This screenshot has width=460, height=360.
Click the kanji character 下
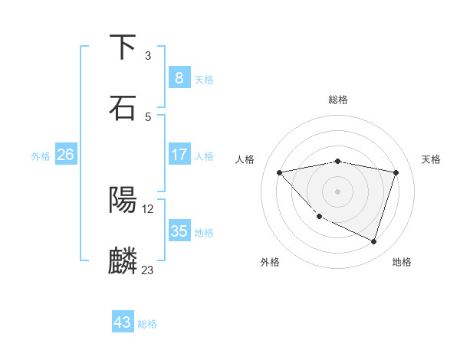(123, 47)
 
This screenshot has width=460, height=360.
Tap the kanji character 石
(123, 108)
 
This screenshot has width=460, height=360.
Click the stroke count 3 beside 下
(148, 56)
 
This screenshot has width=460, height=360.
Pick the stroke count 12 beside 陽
(148, 208)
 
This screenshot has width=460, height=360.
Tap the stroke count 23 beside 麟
(148, 270)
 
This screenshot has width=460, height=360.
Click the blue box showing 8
(179, 78)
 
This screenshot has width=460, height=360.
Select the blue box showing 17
(179, 155)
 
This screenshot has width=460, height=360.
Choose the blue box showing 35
(179, 231)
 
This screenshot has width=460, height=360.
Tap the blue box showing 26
(65, 155)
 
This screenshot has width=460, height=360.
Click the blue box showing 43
(123, 322)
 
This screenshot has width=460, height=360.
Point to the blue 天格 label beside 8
(204, 80)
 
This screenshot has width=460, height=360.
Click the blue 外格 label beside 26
(41, 156)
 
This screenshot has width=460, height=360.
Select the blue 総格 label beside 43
(147, 324)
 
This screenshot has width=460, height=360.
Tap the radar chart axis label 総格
(338, 100)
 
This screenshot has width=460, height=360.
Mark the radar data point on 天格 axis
(396, 172)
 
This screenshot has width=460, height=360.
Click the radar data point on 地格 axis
(373, 241)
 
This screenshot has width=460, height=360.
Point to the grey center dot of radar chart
(338, 191)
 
